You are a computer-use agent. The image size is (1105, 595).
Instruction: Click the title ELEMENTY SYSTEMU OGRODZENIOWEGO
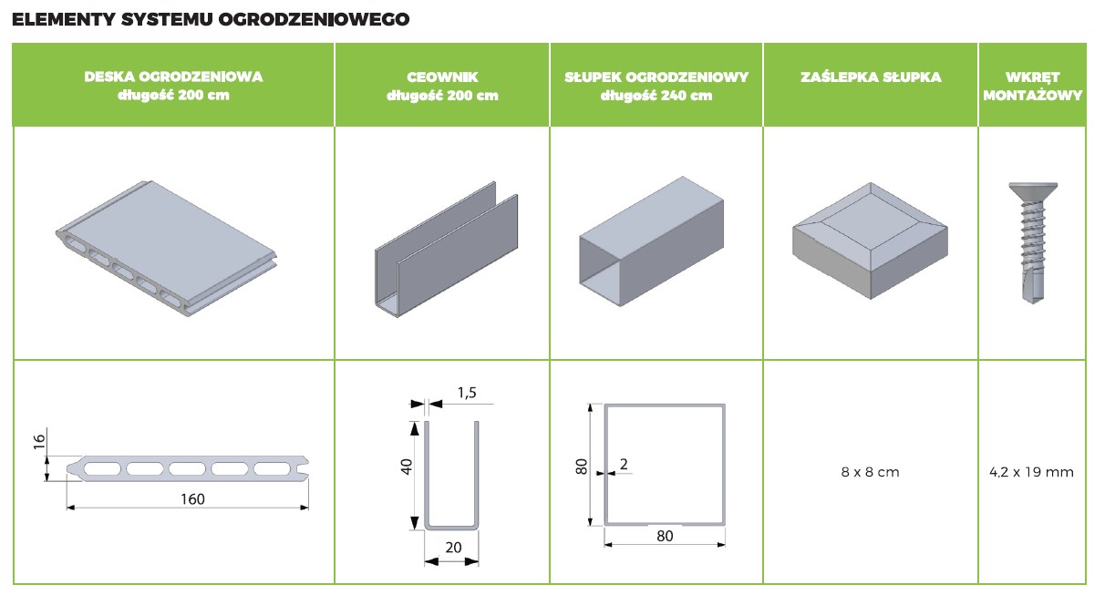[x=211, y=19]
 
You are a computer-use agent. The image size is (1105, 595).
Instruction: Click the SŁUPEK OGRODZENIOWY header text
[x=656, y=86]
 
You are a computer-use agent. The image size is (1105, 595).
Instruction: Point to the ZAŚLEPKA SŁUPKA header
[x=871, y=77]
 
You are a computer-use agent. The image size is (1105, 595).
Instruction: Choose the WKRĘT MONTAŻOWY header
[x=1032, y=86]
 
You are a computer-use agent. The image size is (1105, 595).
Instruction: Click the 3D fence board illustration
[x=166, y=248]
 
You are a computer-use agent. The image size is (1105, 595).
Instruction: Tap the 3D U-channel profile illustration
[x=447, y=250]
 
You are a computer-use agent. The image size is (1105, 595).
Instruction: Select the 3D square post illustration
[x=651, y=241]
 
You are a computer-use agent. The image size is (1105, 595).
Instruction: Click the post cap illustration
[x=870, y=241]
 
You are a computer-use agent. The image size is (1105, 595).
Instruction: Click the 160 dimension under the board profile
[x=192, y=499]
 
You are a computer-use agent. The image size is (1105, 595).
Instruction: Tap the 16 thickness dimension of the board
[x=39, y=441]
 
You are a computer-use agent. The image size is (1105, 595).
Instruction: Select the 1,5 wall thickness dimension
[x=467, y=393]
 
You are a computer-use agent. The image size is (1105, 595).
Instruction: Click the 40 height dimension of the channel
[x=406, y=467]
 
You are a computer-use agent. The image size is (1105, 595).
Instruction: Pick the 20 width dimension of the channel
[x=453, y=548]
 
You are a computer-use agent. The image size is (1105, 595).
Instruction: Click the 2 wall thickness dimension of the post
[x=624, y=464]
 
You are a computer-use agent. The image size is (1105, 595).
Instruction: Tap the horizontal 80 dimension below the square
[x=665, y=536]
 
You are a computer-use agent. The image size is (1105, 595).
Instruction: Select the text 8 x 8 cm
[x=870, y=472]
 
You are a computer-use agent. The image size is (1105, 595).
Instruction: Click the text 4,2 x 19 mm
[x=1031, y=472]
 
